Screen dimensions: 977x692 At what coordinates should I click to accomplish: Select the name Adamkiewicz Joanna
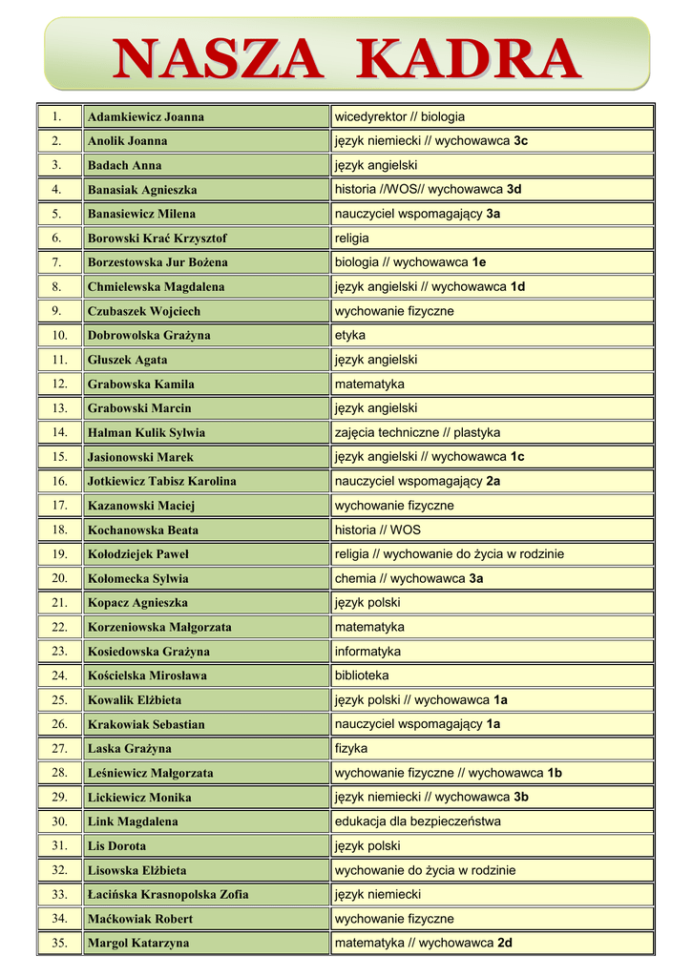coord(145,117)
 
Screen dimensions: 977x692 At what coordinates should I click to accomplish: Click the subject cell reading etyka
coord(350,336)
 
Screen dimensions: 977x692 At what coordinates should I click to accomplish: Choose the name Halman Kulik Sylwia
coord(146,433)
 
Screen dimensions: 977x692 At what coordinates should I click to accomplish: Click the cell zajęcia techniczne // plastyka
coord(417,433)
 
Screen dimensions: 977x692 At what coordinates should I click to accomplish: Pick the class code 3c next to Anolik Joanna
coord(520,141)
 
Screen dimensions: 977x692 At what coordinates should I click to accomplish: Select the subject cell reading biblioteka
coord(362,676)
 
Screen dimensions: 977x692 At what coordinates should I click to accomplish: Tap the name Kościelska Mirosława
coord(147,676)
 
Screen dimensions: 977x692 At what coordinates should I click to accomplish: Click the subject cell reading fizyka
coord(351,749)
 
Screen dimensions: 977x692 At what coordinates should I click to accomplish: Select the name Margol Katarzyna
coord(138,944)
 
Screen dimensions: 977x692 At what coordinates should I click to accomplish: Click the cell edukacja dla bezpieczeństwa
coord(417,821)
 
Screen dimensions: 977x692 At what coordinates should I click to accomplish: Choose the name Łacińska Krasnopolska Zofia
coord(168,895)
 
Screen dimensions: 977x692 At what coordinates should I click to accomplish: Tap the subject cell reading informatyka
coord(367,652)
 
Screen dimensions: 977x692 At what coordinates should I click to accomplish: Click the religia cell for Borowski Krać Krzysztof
coord(351,239)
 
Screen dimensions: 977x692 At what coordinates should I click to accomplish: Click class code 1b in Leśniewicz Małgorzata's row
coord(555,773)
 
